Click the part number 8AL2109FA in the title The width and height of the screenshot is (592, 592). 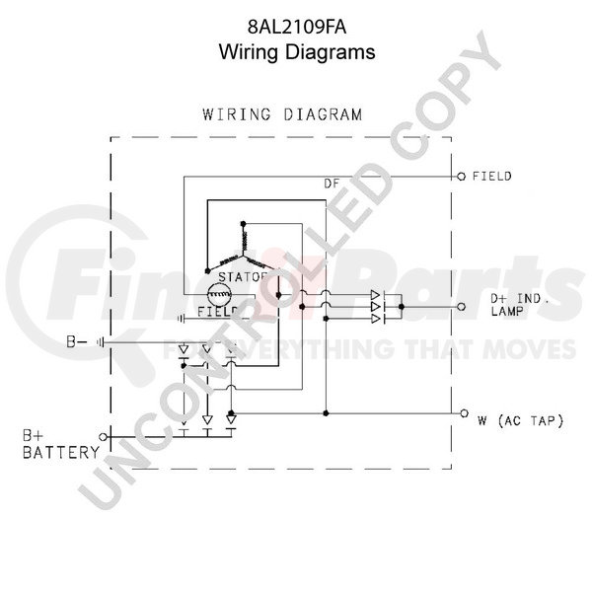tap(296, 30)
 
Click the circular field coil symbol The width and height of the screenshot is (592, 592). tap(218, 293)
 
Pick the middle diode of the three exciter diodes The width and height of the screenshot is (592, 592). tap(376, 307)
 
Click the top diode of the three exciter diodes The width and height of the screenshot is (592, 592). tap(376, 295)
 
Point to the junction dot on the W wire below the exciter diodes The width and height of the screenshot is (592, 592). tap(326, 412)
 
